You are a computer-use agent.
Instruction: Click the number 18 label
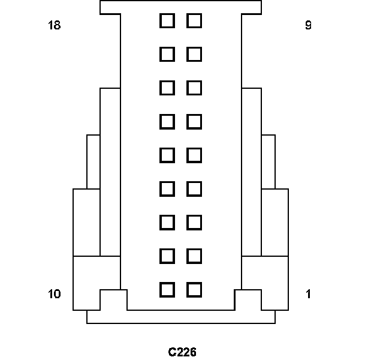[x=54, y=26]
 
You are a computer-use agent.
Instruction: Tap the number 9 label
[x=308, y=26]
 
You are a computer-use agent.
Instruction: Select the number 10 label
[x=54, y=294]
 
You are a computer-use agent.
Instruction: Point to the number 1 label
[x=308, y=294]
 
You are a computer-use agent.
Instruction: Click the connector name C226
[x=182, y=352]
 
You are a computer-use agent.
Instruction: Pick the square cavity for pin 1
[x=194, y=290]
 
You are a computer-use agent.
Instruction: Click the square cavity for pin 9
[x=194, y=21]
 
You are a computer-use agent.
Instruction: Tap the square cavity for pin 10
[x=167, y=290]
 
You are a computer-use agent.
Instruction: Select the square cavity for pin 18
[x=167, y=21]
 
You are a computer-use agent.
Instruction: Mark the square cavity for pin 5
[x=194, y=155]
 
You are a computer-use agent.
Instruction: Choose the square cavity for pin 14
[x=167, y=155]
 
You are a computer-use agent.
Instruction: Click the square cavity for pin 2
[x=194, y=256]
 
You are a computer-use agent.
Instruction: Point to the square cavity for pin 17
[x=167, y=55]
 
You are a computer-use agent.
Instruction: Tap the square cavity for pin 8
[x=194, y=55]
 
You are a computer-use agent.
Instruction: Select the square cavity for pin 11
[x=167, y=256]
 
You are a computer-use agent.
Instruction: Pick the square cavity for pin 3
[x=194, y=223]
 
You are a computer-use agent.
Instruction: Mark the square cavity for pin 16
[x=167, y=88]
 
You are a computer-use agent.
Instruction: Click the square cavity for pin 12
[x=167, y=223]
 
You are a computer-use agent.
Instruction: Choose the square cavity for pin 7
[x=194, y=88]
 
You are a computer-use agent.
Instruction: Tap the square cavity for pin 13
[x=167, y=189]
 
